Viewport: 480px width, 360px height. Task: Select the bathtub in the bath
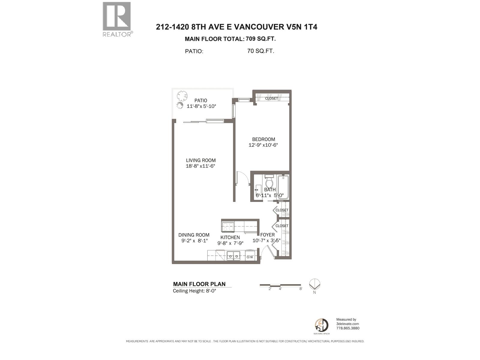(283, 187)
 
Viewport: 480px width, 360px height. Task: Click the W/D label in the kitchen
(250, 257)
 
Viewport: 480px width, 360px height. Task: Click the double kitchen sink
(233, 256)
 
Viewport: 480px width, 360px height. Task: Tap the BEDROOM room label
(263, 139)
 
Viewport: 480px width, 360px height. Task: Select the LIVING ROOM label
(201, 160)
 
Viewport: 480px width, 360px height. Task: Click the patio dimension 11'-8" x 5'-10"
(201, 106)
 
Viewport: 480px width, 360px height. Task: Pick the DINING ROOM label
(194, 235)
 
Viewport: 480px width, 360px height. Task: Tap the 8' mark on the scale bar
(301, 289)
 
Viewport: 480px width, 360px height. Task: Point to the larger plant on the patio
(182, 95)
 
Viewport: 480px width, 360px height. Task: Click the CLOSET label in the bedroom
(271, 98)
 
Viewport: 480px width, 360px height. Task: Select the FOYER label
(267, 235)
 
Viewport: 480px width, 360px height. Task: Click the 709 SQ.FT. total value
(261, 39)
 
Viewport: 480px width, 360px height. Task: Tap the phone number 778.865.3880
(348, 328)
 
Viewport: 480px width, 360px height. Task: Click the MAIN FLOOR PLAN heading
(199, 284)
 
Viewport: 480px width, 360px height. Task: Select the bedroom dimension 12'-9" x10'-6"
(263, 145)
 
